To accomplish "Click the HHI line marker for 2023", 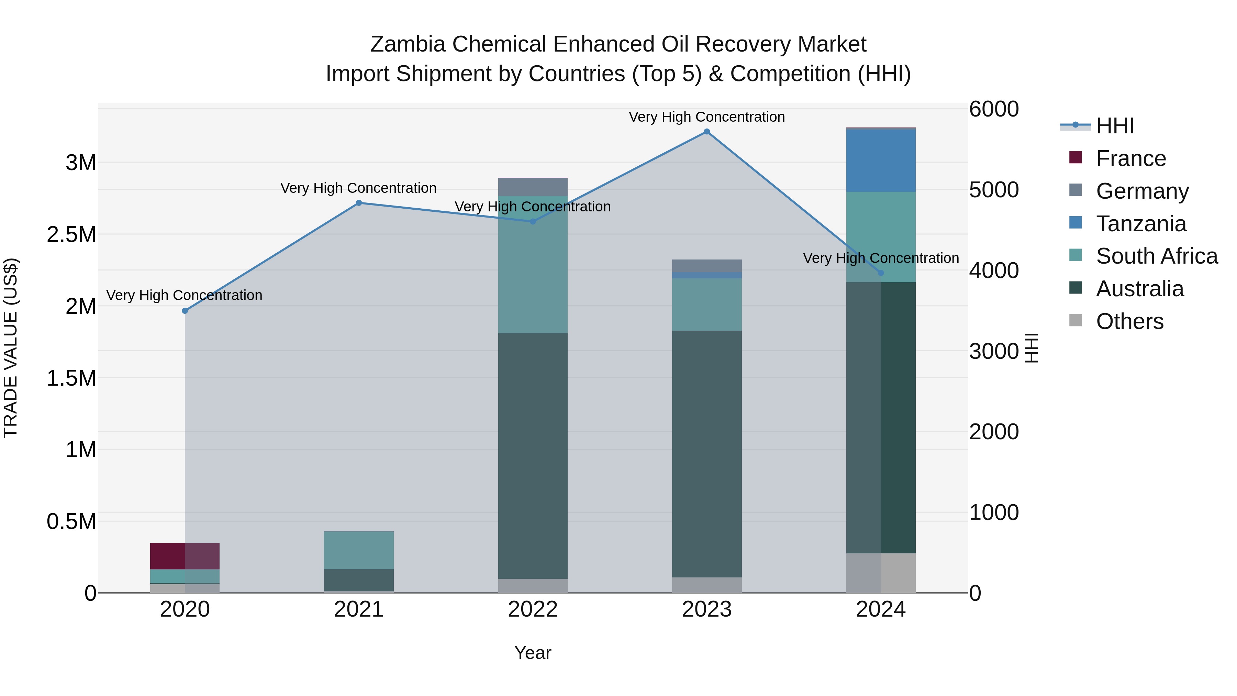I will pyautogui.click(x=706, y=132).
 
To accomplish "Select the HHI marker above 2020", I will pyautogui.click(x=185, y=311).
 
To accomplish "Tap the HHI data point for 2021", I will pyautogui.click(x=359, y=203).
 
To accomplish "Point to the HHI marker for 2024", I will pyautogui.click(x=881, y=273).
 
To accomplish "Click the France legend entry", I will pyautogui.click(x=1130, y=158).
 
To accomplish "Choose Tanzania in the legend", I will pyautogui.click(x=1140, y=224).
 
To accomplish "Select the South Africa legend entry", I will pyautogui.click(x=1156, y=256).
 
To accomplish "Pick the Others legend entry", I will pyautogui.click(x=1129, y=321).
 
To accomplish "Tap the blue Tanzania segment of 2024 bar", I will pyautogui.click(x=881, y=161).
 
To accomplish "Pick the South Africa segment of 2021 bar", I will pyautogui.click(x=359, y=550).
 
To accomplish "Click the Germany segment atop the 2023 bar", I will pyautogui.click(x=706, y=266).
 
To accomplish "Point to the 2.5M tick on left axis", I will pyautogui.click(x=71, y=234).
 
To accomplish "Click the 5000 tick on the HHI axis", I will pyautogui.click(x=993, y=190).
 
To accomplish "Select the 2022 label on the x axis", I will pyautogui.click(x=533, y=609).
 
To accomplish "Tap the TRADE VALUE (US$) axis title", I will pyautogui.click(x=11, y=348).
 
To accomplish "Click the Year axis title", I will pyautogui.click(x=533, y=653).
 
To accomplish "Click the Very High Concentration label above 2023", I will pyautogui.click(x=706, y=117).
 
